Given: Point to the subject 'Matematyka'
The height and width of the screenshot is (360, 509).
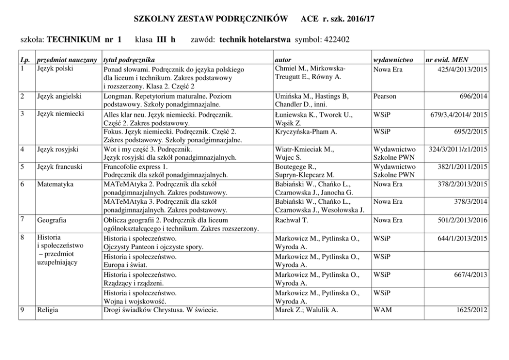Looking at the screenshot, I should coord(55,183).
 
